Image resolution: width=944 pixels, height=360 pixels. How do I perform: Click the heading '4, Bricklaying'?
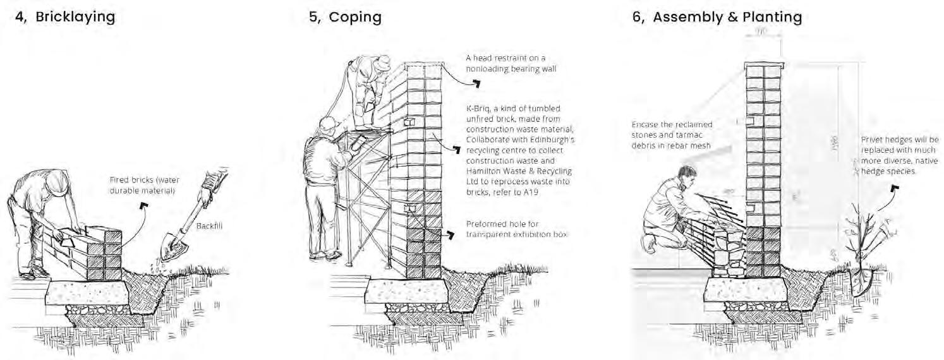(66, 17)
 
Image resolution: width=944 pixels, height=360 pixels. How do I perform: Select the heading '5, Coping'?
(345, 17)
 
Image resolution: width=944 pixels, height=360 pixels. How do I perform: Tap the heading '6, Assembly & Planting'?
(717, 17)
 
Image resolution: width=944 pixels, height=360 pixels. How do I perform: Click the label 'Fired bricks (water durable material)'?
(143, 183)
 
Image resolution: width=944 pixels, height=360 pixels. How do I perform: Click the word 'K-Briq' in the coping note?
(478, 109)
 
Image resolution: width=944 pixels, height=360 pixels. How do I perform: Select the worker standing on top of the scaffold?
(370, 88)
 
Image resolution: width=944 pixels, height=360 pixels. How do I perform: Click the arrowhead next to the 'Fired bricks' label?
(144, 206)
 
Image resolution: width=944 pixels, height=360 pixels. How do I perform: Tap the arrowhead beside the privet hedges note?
(895, 188)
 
